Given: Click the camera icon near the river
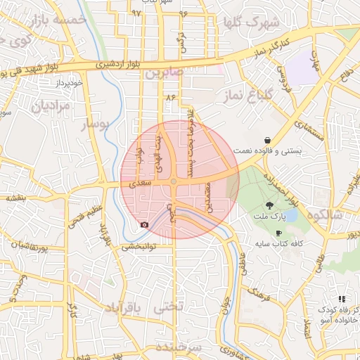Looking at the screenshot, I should click(144, 224).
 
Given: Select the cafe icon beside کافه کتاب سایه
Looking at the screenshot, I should click(279, 233).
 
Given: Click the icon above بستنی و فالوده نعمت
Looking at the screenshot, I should click(268, 140).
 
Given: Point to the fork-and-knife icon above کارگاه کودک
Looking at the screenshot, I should click(342, 299).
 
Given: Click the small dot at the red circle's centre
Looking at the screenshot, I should click(174, 182).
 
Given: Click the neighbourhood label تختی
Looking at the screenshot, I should click(169, 307).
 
